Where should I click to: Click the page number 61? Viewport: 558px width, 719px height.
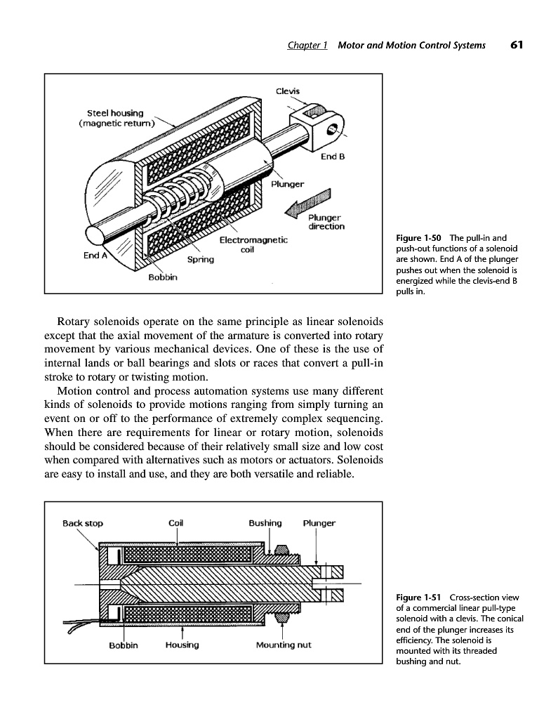coord(517,45)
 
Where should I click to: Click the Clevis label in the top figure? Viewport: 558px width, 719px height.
coord(288,91)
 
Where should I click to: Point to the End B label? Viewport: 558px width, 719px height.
coord(332,157)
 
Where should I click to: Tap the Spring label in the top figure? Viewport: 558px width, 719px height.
coord(200,258)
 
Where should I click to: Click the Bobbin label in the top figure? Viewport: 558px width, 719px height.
coord(163,277)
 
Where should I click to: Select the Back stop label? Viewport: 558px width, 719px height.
coord(83,523)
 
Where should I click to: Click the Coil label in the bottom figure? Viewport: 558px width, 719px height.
coord(176,523)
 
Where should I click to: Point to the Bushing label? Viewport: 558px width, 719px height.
coord(265,523)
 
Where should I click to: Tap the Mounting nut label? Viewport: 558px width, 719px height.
coord(284,645)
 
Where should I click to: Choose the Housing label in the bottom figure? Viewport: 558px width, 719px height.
coord(182,645)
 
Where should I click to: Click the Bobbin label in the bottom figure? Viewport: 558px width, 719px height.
coord(124,645)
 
